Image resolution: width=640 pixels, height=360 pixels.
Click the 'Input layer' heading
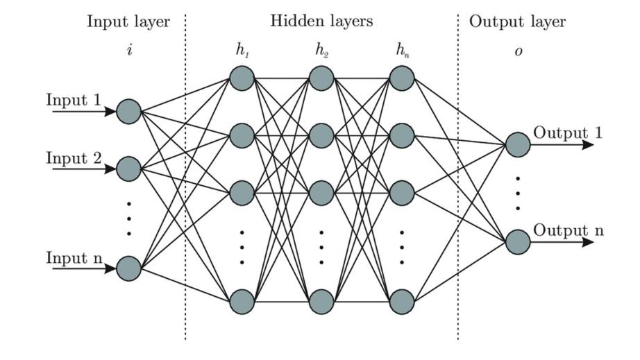coord(128,22)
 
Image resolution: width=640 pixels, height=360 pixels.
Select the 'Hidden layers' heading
coord(321,22)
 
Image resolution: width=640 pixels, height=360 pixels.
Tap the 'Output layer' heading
coord(517,22)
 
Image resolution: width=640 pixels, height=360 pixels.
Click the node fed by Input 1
coord(128,111)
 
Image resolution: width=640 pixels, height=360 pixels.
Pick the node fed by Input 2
coord(128,168)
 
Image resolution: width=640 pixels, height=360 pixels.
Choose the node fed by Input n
coord(128,268)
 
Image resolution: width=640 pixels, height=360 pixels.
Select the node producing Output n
coord(517,241)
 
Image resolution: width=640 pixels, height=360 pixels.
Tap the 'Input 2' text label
coord(74,157)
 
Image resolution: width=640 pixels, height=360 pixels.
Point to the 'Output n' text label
coord(568,231)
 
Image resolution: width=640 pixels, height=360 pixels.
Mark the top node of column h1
coord(242,78)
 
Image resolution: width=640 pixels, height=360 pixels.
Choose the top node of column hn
coord(402,78)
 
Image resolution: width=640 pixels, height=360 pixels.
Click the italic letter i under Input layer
coord(129,52)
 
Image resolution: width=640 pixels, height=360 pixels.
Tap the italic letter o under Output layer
coord(518,52)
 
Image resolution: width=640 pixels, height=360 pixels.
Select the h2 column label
coord(321,51)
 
